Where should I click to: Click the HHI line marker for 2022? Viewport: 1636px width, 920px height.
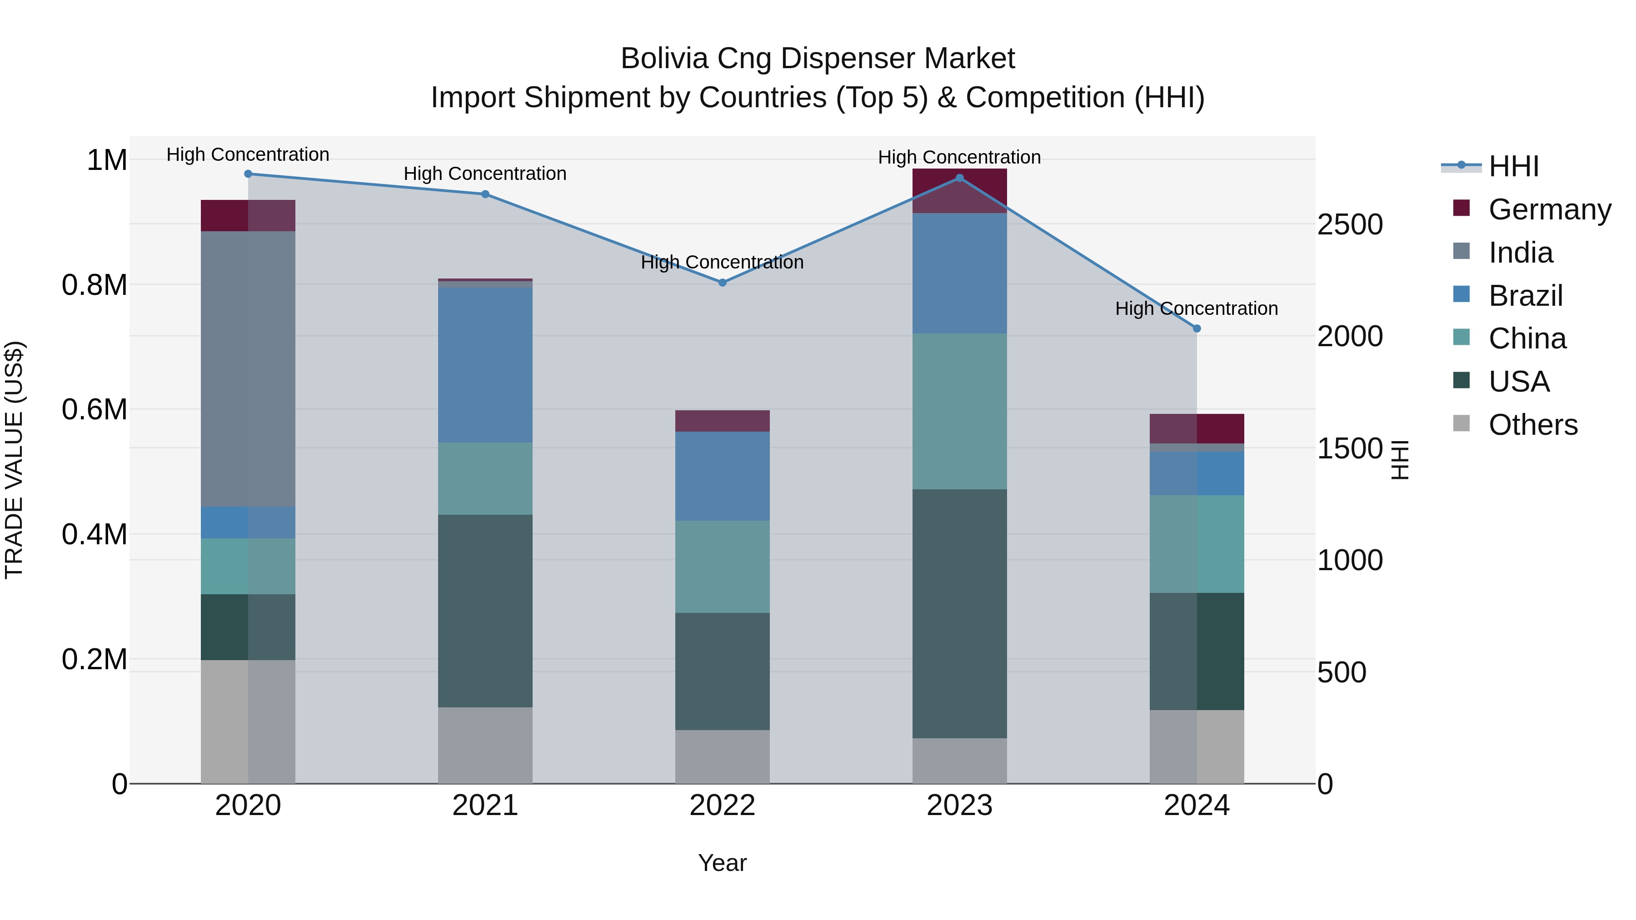coord(722,283)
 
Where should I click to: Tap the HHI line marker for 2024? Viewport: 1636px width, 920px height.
coord(1197,328)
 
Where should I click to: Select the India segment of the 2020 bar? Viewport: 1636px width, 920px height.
coord(248,368)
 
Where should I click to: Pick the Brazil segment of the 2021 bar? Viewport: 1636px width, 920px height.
coord(485,365)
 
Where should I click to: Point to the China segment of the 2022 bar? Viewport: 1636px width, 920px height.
coord(722,567)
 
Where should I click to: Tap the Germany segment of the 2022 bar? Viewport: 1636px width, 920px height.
coord(722,421)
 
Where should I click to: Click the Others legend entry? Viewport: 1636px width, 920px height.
coord(1532,424)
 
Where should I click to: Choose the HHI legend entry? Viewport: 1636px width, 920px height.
coord(1513,166)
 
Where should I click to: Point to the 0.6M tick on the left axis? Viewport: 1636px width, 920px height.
coord(95,409)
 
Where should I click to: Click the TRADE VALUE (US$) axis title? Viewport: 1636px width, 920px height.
coord(15,460)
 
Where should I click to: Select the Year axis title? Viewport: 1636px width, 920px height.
coord(722,863)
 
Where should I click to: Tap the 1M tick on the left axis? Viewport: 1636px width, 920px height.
coord(107,160)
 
